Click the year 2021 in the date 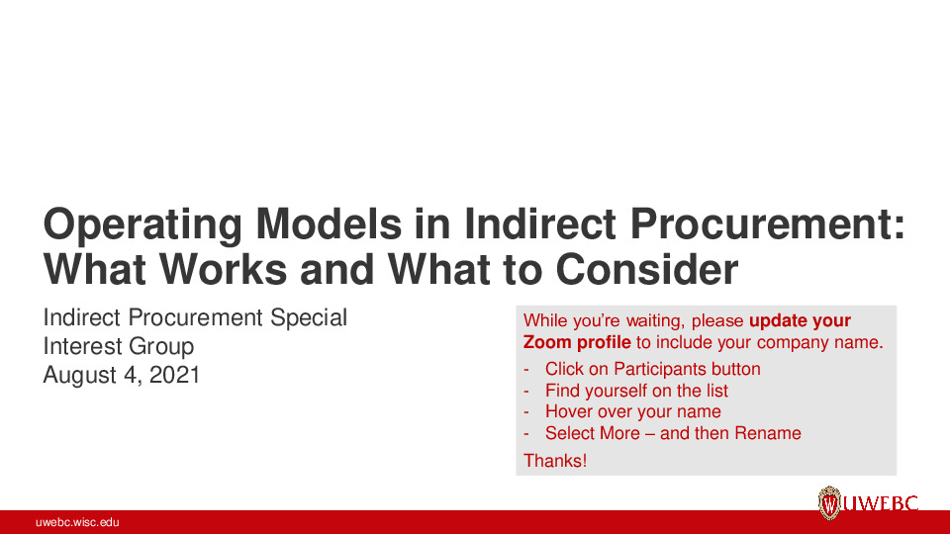pos(174,375)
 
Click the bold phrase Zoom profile pos(577,342)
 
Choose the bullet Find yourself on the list pos(636,391)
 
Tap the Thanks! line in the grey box pos(555,460)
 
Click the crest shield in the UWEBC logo pos(828,503)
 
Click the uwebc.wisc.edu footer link pos(77,522)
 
